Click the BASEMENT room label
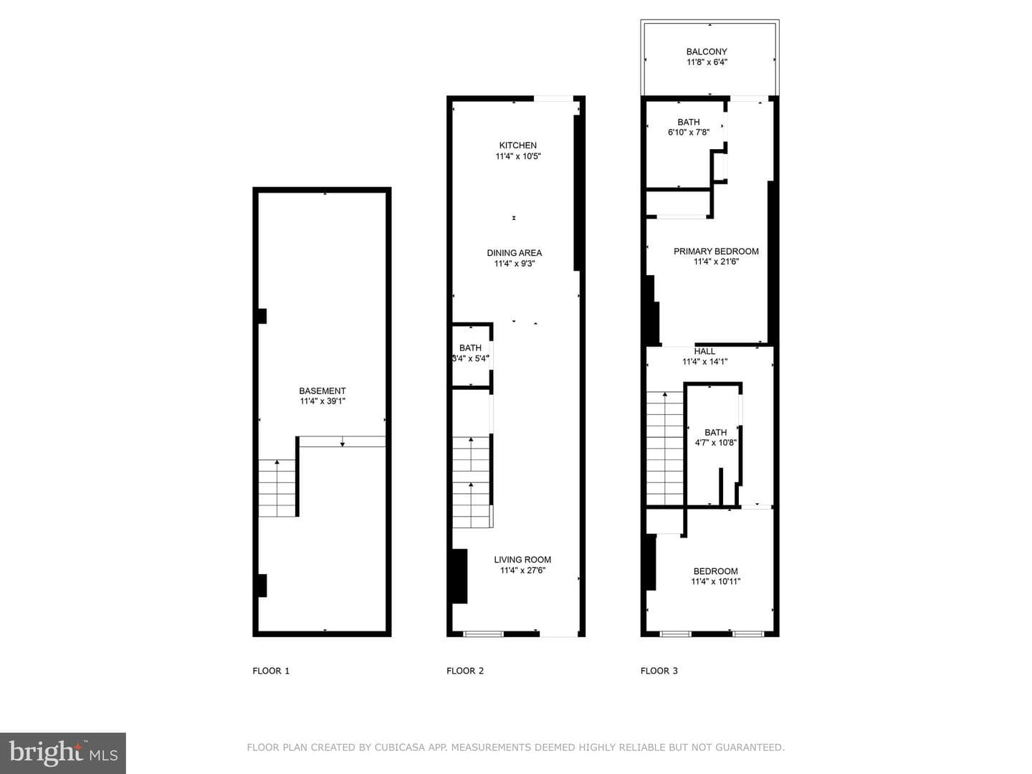click(322, 391)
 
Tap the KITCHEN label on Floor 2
click(517, 145)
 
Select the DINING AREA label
click(515, 253)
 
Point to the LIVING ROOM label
click(522, 560)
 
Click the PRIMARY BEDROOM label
click(716, 252)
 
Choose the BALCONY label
click(707, 52)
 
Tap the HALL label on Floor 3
click(704, 351)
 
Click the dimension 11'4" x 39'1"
click(322, 401)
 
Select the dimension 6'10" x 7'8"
click(689, 133)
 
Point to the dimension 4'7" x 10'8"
click(715, 443)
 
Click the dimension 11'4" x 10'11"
click(715, 582)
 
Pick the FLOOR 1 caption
click(271, 671)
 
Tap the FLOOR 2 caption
click(465, 671)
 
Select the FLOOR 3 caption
click(659, 671)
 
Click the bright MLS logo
click(63, 753)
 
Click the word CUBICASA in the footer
click(400, 747)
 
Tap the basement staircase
click(277, 488)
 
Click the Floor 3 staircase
click(665, 449)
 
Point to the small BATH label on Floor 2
click(470, 348)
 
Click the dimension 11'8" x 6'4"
click(707, 62)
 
